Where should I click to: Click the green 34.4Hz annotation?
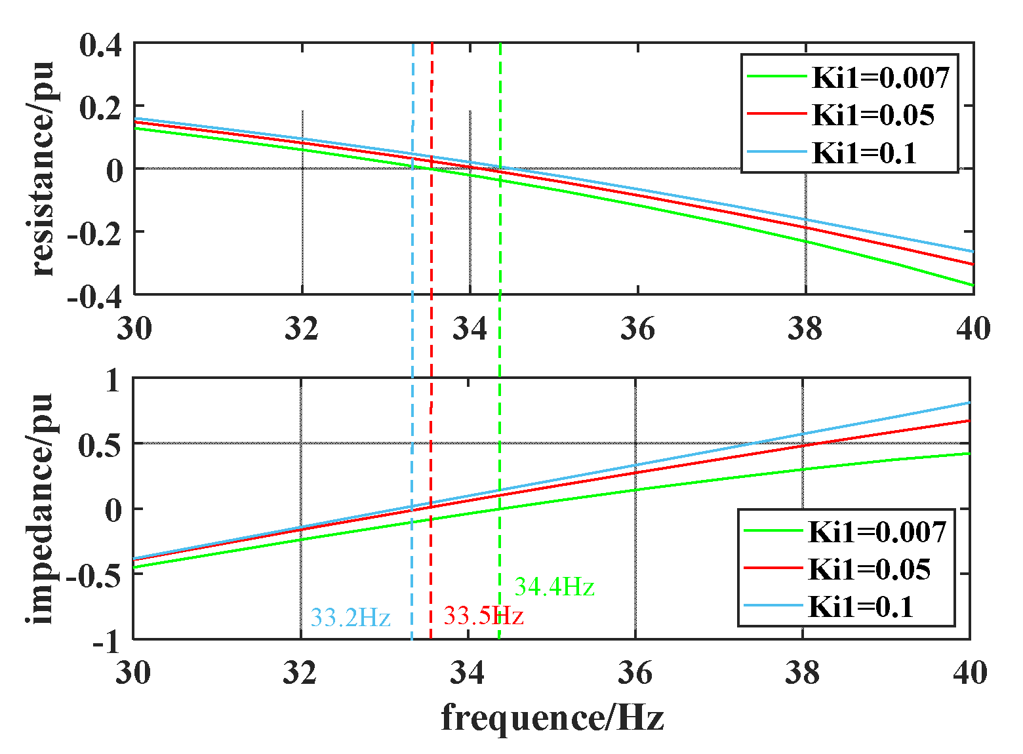tap(554, 587)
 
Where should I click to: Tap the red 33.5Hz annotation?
tap(483, 616)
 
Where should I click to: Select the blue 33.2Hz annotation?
tap(350, 618)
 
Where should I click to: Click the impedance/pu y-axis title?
tap(41, 508)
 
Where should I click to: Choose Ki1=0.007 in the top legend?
tap(880, 77)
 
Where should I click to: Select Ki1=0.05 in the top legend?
tap(873, 115)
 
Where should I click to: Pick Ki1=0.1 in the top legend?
tap(864, 153)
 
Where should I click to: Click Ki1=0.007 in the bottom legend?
tap(877, 532)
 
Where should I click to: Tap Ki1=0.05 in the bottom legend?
tap(869, 569)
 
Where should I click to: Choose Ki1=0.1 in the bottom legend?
tap(860, 606)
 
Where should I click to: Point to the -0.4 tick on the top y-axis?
tap(94, 296)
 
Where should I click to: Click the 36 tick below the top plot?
tap(637, 328)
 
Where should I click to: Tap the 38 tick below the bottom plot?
tap(803, 673)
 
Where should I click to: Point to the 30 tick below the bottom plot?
tap(134, 673)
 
